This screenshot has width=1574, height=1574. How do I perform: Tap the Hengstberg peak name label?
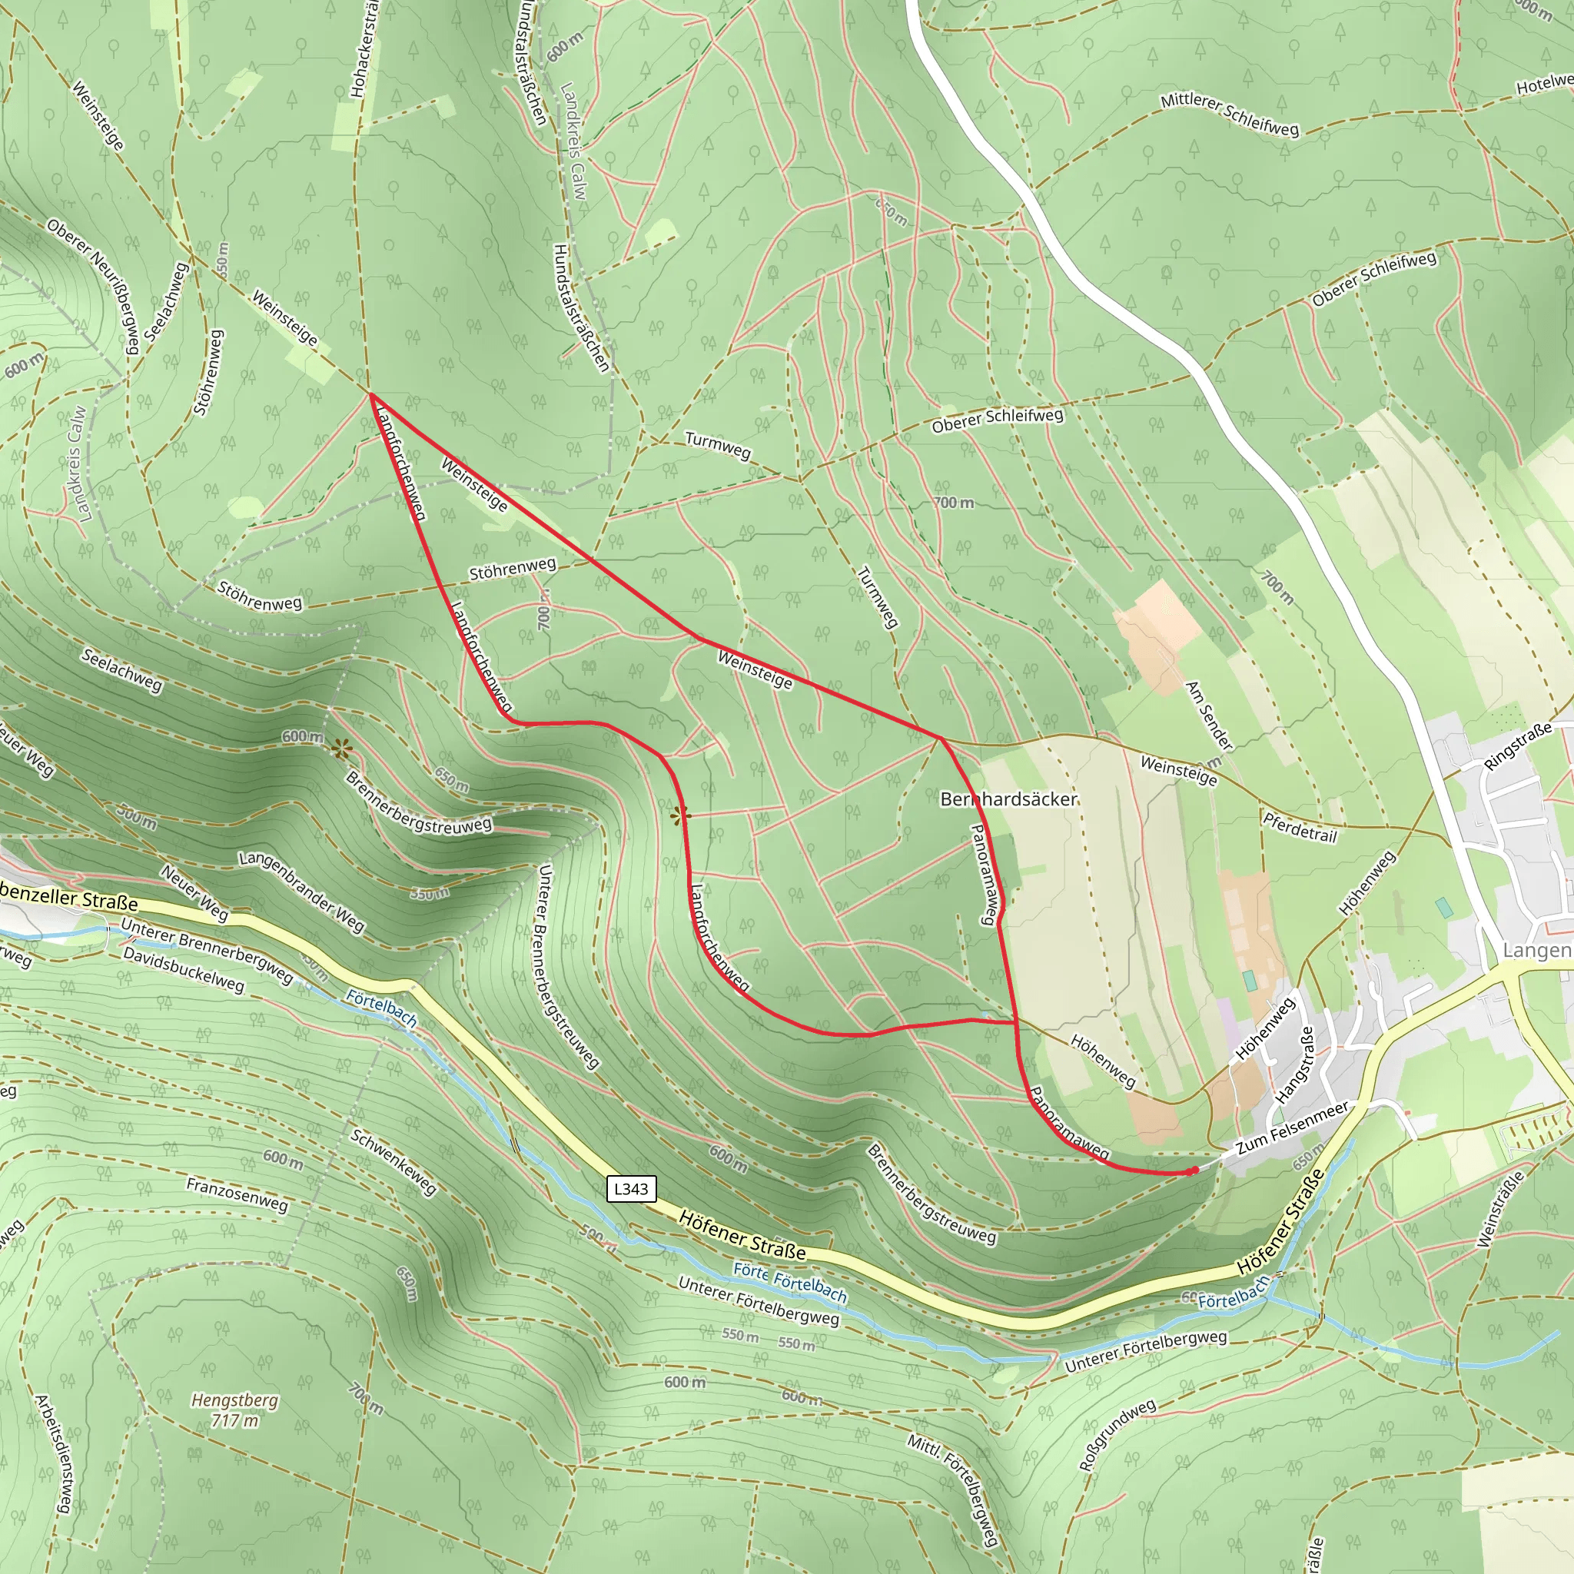234,1400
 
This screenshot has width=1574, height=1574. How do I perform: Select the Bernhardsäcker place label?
1008,799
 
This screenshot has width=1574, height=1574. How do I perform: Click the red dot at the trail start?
1194,1171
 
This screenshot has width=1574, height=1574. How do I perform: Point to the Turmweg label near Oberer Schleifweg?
717,445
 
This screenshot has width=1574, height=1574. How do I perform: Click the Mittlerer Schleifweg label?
1230,115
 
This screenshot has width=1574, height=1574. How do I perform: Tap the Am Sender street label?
1209,716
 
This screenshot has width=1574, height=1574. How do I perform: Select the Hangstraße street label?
1295,1064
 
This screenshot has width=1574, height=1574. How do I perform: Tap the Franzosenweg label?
237,1195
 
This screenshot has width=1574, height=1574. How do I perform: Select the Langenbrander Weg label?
301,891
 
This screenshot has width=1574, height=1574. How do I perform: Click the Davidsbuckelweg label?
184,969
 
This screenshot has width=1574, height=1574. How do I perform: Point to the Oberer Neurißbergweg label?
93,285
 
